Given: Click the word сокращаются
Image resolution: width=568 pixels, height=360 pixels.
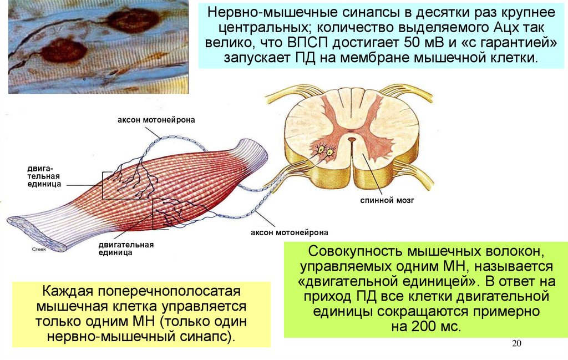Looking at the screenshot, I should [437, 311].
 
